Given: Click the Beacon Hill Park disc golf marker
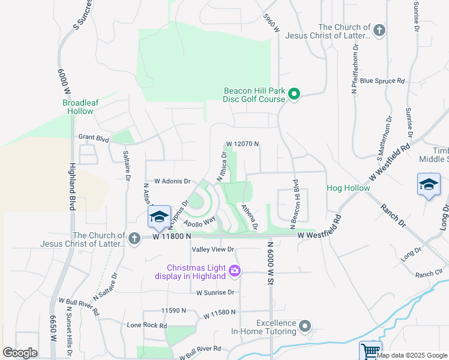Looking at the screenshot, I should [294, 94].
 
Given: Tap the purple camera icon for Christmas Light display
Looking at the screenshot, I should [234, 271].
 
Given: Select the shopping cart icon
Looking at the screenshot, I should [370, 350].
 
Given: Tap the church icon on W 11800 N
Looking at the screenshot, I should [134, 239].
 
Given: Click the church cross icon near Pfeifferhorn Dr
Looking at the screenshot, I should [379, 31].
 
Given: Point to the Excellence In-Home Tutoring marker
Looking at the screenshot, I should [306, 326].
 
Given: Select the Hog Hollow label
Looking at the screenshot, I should [348, 188].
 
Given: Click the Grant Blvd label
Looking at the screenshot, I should [94, 137].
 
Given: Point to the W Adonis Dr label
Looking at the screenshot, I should [172, 181].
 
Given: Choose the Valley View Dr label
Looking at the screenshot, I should [212, 249].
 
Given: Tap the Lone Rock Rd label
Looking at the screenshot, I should [146, 325].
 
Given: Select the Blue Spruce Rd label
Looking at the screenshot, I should [382, 81].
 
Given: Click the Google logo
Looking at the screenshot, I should [20, 353].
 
